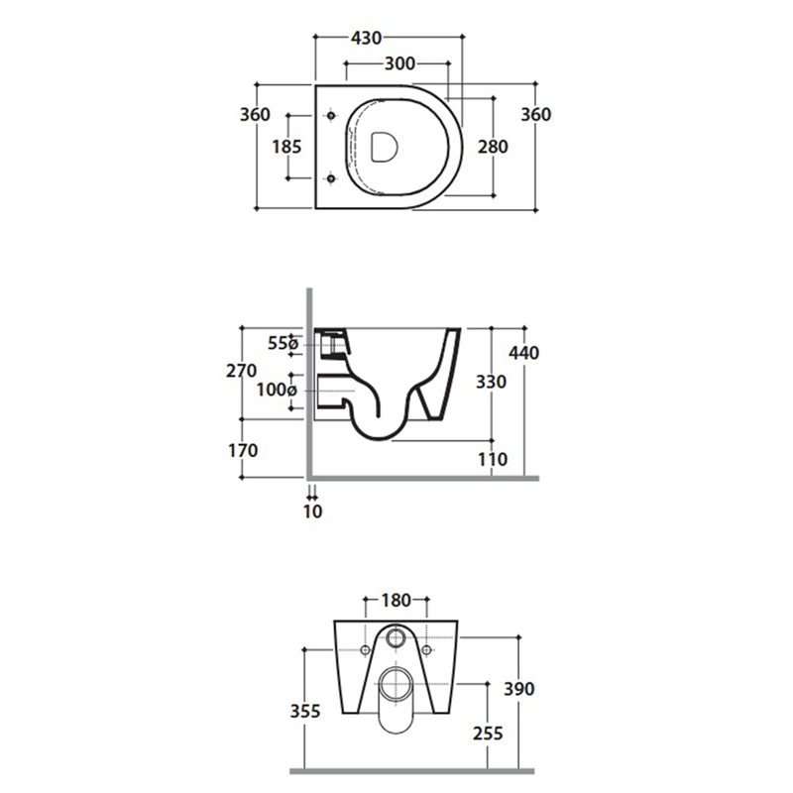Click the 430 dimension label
point(366,38)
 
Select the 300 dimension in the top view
point(400,63)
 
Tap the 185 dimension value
point(286,147)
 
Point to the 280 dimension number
point(493,147)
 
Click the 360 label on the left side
point(255,115)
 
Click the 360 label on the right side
point(536,115)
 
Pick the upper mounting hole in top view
point(331,116)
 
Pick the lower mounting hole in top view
point(331,178)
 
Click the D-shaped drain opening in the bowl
point(385,147)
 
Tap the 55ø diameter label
point(283,343)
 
